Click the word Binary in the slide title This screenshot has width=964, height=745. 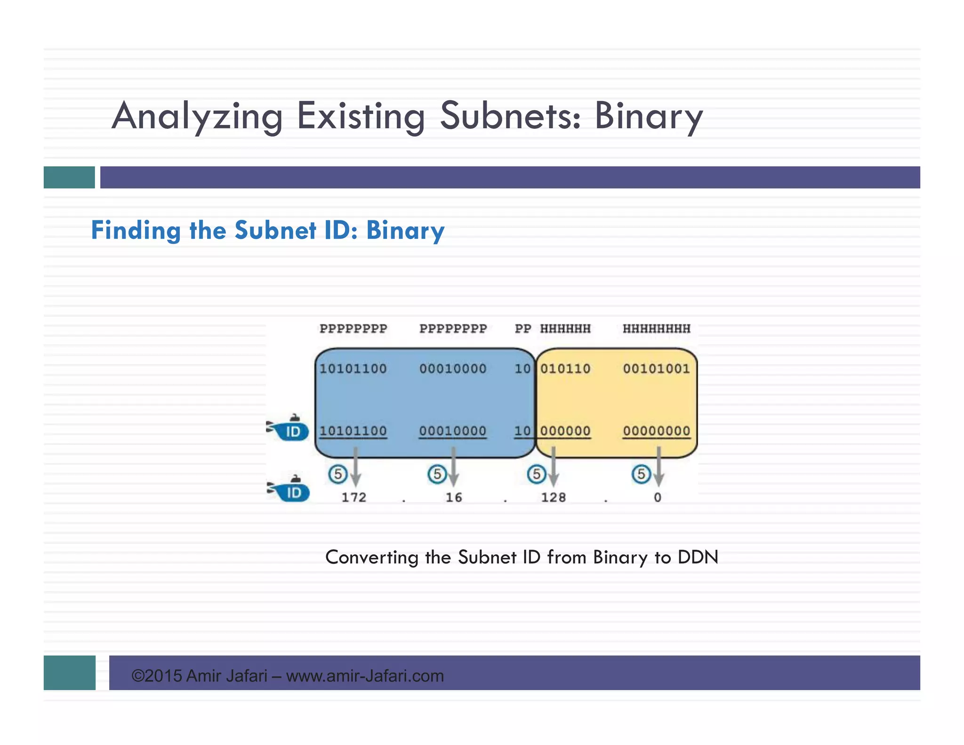[x=648, y=116]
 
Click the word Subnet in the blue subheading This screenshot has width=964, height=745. [x=275, y=230]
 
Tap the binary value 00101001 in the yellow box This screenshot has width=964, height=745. [x=656, y=368]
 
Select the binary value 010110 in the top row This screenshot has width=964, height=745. [x=565, y=368]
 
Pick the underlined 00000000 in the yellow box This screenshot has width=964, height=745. [x=656, y=431]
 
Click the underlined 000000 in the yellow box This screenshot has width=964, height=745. [x=565, y=431]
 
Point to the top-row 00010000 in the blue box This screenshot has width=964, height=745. [x=453, y=368]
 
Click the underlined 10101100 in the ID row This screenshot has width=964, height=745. [x=353, y=431]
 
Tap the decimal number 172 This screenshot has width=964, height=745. [x=353, y=497]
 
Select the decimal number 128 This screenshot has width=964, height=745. [x=553, y=497]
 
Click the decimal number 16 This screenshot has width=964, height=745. [x=454, y=497]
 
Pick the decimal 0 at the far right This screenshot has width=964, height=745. [x=658, y=497]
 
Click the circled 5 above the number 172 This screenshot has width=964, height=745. [x=337, y=474]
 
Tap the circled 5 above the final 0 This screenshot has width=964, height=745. [x=641, y=474]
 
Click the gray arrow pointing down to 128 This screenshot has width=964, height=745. [x=554, y=469]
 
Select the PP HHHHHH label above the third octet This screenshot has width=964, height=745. [x=553, y=329]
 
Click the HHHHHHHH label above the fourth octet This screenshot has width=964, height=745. [x=656, y=329]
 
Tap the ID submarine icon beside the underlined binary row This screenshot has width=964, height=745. [x=288, y=429]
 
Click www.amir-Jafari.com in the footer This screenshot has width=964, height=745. [x=365, y=676]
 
